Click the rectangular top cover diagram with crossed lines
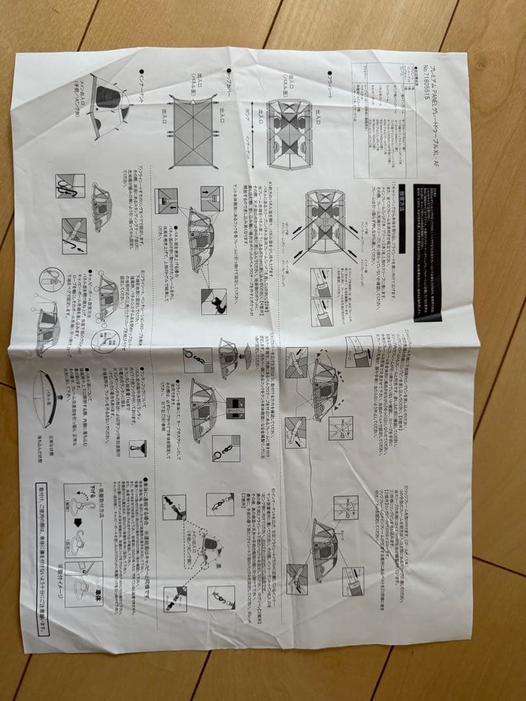click(x=192, y=130)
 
